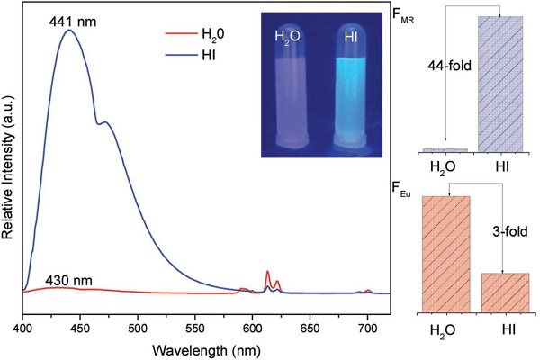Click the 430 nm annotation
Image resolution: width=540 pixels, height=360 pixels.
pyautogui.click(x=70, y=279)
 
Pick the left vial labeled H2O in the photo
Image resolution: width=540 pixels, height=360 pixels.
pyautogui.click(x=294, y=90)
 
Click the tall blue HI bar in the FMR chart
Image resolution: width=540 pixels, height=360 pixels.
pyautogui.click(x=499, y=83)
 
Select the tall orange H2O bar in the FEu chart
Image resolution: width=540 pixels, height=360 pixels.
pyautogui.click(x=445, y=254)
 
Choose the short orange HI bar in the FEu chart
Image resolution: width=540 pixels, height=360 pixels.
pyautogui.click(x=505, y=292)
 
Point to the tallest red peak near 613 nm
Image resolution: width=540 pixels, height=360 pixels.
pyautogui.click(x=267, y=272)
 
